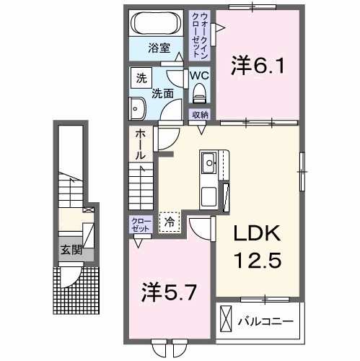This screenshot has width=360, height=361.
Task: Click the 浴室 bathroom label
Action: click(159, 49)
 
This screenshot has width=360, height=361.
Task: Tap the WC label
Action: click(199, 74)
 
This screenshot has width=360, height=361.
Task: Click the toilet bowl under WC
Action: click(199, 92)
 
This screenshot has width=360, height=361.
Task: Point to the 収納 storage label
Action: click(200, 115)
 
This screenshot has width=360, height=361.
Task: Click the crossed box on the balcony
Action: click(226, 318)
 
